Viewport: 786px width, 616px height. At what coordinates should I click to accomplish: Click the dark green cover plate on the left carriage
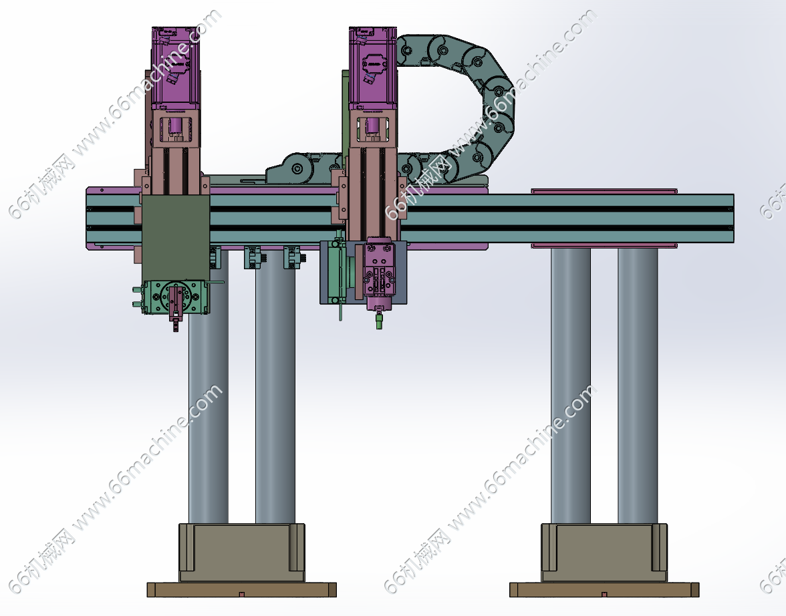pos(175,238)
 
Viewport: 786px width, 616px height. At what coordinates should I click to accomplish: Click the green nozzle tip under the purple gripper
pos(380,320)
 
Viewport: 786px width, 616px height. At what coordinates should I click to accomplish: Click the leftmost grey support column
pos(208,401)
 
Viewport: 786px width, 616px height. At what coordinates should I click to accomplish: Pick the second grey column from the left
pos(275,391)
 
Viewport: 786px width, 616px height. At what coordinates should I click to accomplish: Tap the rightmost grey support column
pos(638,386)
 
